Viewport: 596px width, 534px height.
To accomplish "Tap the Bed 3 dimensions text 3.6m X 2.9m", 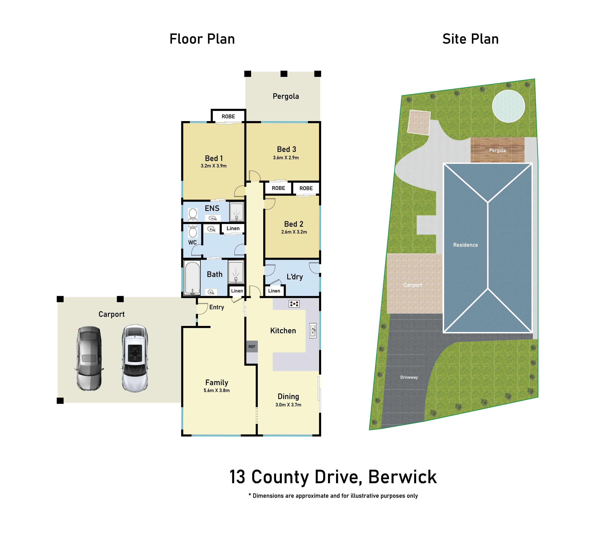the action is (x=286, y=158).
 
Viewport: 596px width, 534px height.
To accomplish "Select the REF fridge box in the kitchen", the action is (x=252, y=347).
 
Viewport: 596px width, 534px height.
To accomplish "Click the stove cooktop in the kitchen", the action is (x=294, y=304).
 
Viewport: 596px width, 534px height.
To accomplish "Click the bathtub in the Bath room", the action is (x=192, y=277).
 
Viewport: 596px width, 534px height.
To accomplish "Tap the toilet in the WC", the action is (x=193, y=231).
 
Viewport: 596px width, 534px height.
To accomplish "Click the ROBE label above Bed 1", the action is (x=228, y=116).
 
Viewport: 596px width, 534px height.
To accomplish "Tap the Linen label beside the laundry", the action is (x=274, y=291).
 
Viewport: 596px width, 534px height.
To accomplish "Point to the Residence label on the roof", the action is (x=465, y=245).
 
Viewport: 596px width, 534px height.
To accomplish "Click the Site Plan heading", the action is (x=470, y=39).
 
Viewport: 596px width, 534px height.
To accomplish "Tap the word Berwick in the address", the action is (x=402, y=477).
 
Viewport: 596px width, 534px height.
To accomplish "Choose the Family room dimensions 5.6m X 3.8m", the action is (x=217, y=391).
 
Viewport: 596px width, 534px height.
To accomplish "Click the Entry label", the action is (x=217, y=307).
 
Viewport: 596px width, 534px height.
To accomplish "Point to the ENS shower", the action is (x=237, y=211).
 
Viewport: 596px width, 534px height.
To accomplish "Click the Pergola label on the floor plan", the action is (x=286, y=96).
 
